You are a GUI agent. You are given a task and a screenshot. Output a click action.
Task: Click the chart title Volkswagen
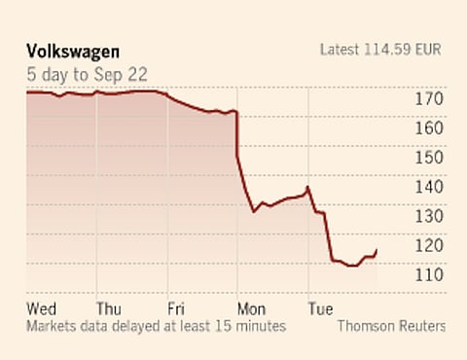pyautogui.click(x=72, y=50)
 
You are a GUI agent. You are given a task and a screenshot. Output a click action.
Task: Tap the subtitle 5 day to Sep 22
pyautogui.click(x=85, y=71)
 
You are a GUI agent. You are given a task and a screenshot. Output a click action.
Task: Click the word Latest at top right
pyautogui.click(x=341, y=50)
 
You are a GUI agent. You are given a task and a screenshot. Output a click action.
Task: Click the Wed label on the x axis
pyautogui.click(x=42, y=308)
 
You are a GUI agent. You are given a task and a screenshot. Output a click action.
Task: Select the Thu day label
pyautogui.click(x=110, y=308)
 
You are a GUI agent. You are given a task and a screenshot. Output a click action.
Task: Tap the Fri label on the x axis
pyautogui.click(x=177, y=308)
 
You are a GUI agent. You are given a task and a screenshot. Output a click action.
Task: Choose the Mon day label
pyautogui.click(x=251, y=308)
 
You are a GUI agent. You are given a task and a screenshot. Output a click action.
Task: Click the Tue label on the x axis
pyautogui.click(x=321, y=308)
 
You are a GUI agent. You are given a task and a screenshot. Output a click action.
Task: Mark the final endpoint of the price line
pyautogui.click(x=377, y=250)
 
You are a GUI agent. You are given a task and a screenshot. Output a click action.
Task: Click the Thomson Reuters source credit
pyautogui.click(x=391, y=326)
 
